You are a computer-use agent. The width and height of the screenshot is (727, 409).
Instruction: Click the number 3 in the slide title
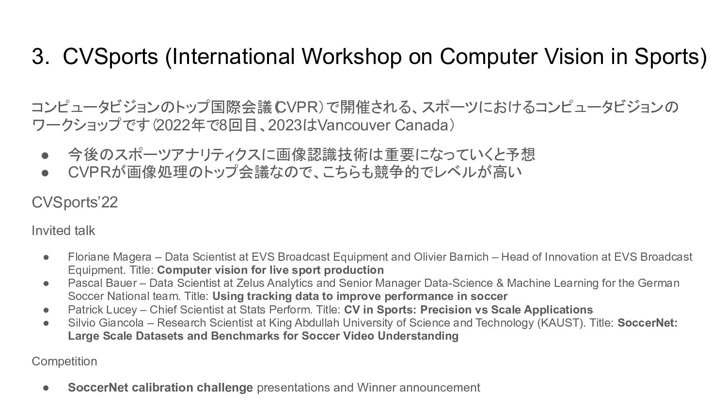pos(38,57)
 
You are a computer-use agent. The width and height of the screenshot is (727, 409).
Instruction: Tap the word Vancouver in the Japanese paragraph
pos(354,126)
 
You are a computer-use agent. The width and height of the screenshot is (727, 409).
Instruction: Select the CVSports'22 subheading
pos(75,202)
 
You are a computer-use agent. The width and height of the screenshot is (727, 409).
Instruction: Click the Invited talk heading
pos(63,231)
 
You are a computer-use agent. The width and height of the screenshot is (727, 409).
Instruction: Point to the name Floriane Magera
pos(110,257)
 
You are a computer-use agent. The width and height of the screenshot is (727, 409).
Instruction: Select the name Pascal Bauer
pos(102,283)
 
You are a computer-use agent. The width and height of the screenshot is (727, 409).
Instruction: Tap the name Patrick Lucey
pos(103,310)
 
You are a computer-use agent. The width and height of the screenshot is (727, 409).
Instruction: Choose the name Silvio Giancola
pos(106,323)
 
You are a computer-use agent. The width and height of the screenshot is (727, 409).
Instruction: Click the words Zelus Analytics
pos(275,283)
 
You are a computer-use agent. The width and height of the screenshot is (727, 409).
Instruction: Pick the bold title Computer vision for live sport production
pos(270,270)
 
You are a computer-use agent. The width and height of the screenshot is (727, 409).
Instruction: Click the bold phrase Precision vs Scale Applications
pos(506,310)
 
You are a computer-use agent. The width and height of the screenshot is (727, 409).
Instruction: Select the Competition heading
pos(64,362)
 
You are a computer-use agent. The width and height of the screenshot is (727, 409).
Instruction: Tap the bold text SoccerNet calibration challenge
pos(160,388)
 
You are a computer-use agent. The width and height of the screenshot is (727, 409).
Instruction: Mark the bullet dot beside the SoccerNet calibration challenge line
pos(46,388)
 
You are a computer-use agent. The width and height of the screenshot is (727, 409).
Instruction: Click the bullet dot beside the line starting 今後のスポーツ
pos(45,155)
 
